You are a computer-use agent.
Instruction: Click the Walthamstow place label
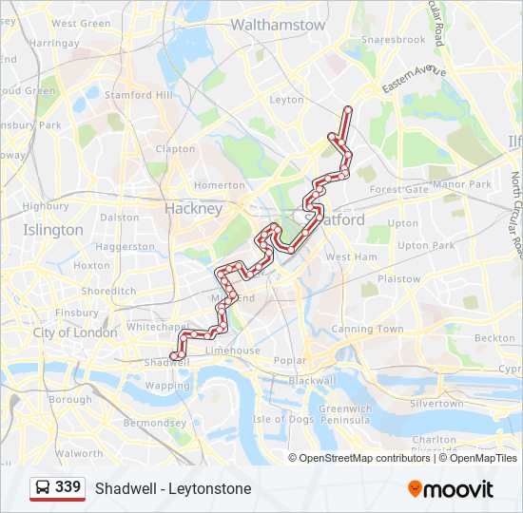(x=278, y=25)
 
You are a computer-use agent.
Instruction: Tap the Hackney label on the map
(x=193, y=208)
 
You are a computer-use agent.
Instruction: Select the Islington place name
(x=52, y=230)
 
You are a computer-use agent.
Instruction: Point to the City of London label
(x=75, y=332)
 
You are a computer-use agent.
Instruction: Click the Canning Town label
(x=367, y=330)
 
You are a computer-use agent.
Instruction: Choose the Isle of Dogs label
(x=283, y=419)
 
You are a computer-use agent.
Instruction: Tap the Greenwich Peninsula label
(x=345, y=413)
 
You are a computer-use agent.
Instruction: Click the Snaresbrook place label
(x=393, y=40)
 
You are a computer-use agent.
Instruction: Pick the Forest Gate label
(x=399, y=189)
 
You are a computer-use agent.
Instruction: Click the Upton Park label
(x=426, y=245)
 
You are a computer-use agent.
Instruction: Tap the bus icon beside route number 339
(x=43, y=488)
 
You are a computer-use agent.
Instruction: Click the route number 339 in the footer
(x=68, y=487)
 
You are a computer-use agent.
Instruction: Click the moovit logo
(x=451, y=489)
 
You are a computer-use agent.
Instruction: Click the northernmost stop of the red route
(x=348, y=109)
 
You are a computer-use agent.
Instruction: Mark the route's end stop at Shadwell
(x=173, y=356)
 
